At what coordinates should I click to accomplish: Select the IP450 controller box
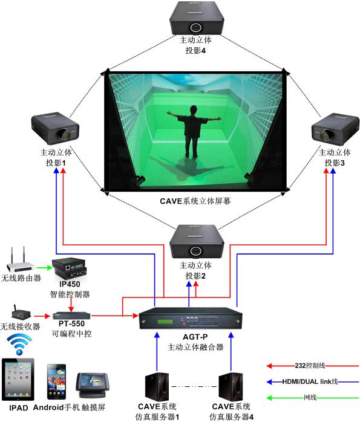point(70,269)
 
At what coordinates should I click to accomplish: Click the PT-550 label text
point(71,323)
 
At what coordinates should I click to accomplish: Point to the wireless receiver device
point(21,314)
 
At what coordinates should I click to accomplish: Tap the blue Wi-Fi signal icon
point(19,344)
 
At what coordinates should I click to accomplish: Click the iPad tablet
point(18,380)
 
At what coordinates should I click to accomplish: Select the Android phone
point(56,381)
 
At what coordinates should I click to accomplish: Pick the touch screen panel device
point(93,385)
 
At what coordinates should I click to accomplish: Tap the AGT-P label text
point(195,337)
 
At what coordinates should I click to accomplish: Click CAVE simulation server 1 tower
point(157,387)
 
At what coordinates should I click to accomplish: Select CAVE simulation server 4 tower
point(231,387)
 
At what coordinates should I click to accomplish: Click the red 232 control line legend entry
point(313,366)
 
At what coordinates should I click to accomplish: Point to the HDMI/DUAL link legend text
point(310,381)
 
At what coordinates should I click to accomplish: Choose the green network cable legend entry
point(313,397)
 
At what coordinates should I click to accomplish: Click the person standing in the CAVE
point(194,131)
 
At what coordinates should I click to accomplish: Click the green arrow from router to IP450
point(44,267)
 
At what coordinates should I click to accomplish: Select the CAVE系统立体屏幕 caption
point(195,201)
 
